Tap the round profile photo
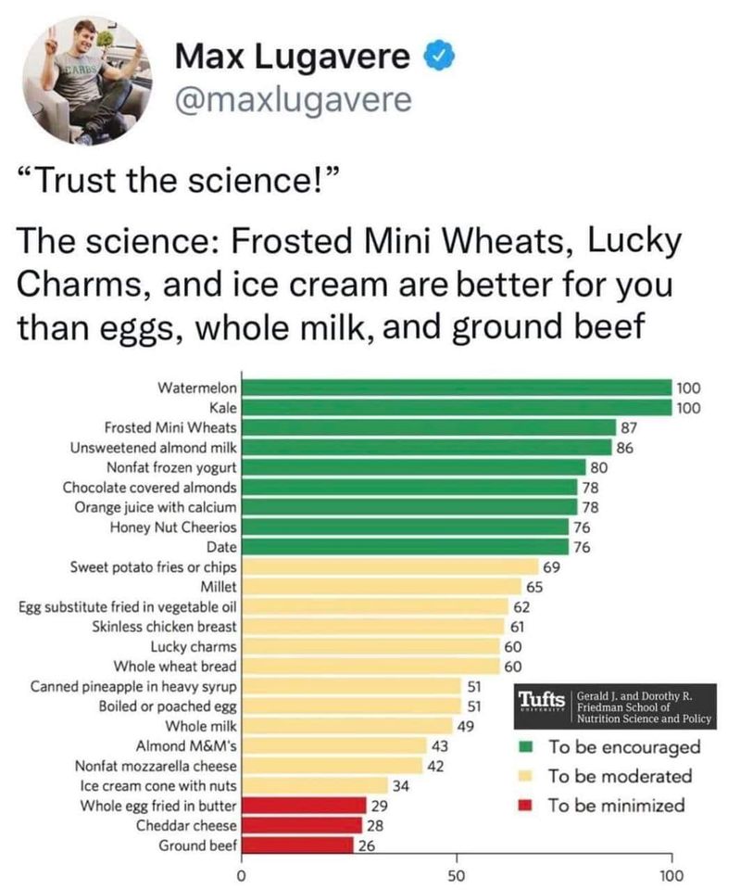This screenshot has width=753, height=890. (91, 81)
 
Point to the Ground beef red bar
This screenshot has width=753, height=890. (297, 845)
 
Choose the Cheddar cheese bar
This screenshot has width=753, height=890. (301, 825)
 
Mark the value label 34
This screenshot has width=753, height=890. (401, 785)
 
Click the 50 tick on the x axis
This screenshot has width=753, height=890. (456, 874)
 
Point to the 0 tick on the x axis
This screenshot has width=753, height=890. (241, 874)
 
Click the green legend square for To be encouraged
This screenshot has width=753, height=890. (525, 746)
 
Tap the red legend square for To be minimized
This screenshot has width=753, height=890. (525, 805)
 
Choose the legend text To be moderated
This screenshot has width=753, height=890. (620, 776)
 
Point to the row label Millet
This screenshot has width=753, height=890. (219, 586)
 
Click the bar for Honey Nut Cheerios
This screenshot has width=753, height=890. (404, 527)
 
